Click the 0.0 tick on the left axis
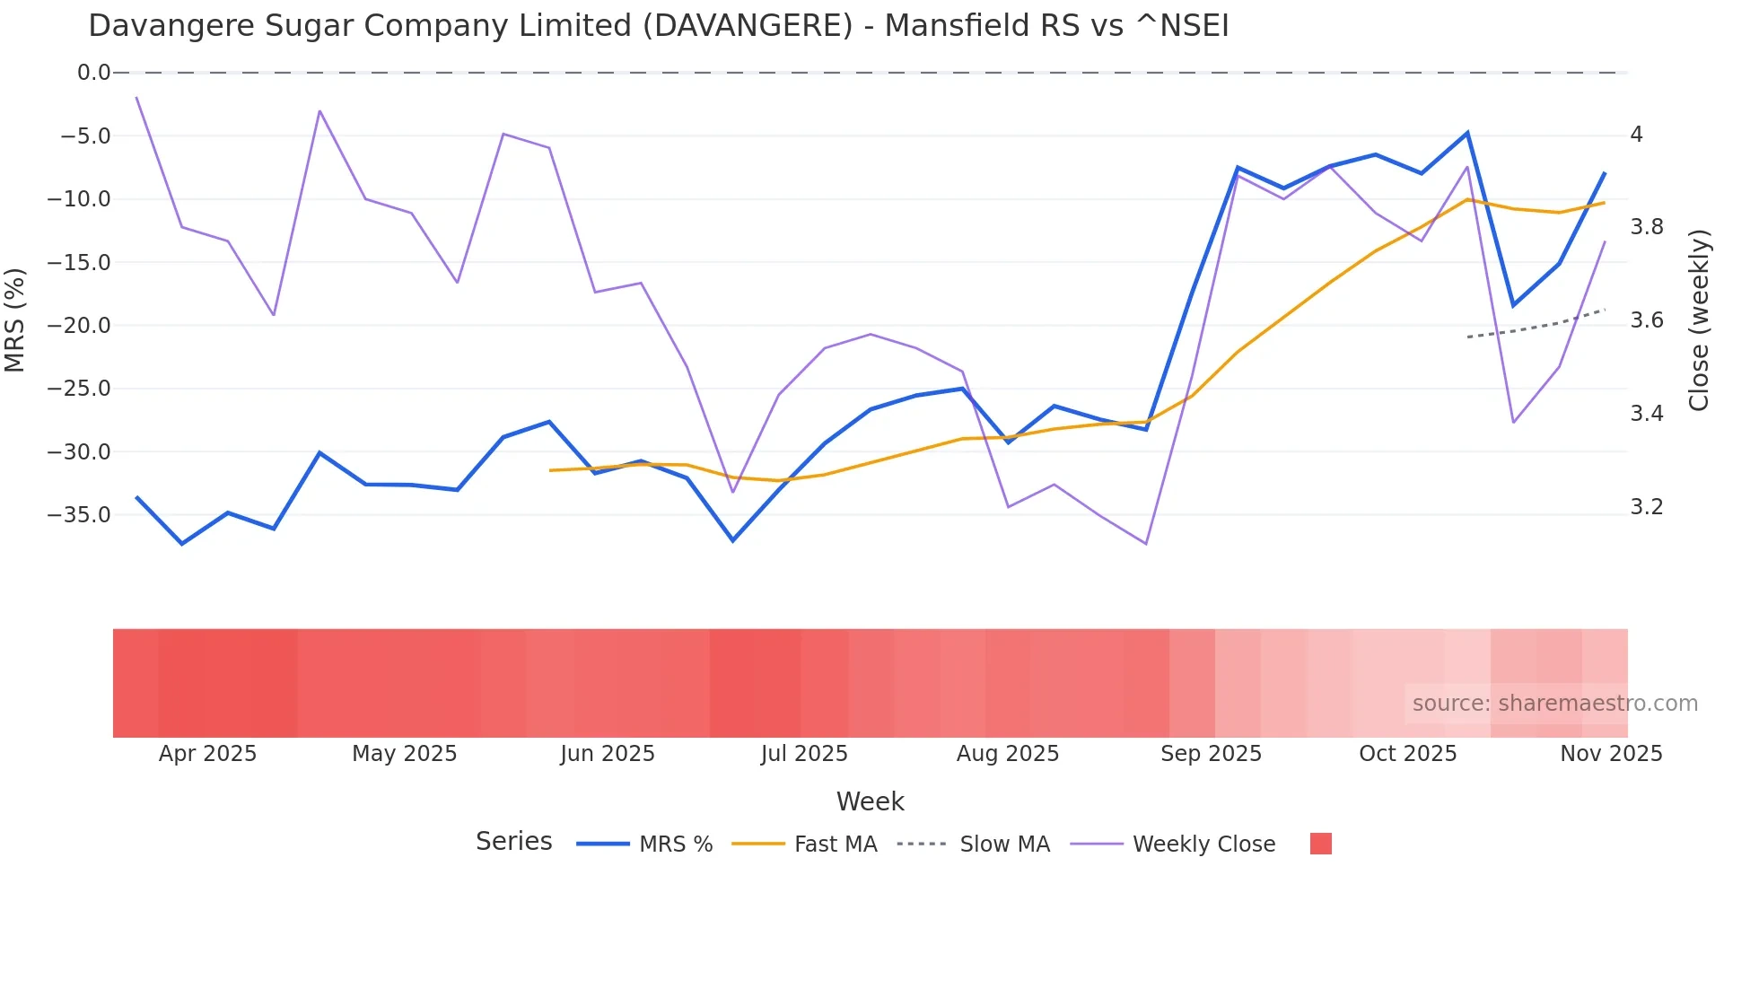click(x=93, y=73)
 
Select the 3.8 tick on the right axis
click(x=1647, y=227)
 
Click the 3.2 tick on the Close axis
click(x=1647, y=507)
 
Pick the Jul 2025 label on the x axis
click(x=804, y=754)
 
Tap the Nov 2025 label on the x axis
click(x=1611, y=754)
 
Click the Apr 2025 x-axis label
click(x=207, y=754)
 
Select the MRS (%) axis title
click(x=15, y=320)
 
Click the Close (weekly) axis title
click(x=1699, y=320)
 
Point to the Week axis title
click(x=870, y=801)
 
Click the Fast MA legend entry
click(x=835, y=845)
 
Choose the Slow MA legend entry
click(x=1003, y=845)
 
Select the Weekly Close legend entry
click(x=1203, y=845)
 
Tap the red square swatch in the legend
click(x=1320, y=844)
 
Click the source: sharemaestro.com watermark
click(x=1554, y=704)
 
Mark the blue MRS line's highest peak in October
click(x=1467, y=133)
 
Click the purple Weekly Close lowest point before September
click(x=1146, y=544)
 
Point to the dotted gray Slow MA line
click(x=1536, y=327)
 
